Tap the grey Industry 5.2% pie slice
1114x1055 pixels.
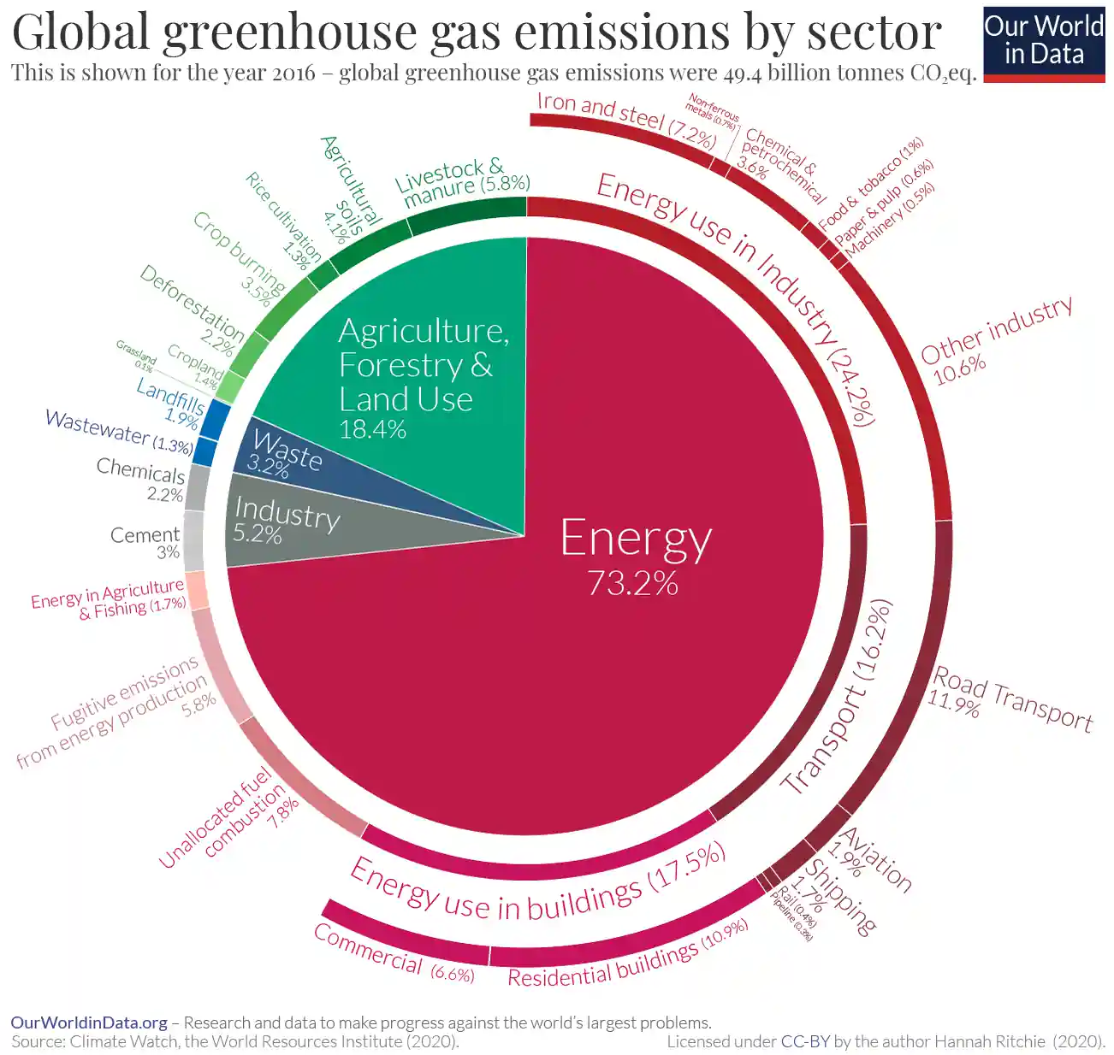pos(291,526)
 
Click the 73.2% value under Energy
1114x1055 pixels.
pos(632,583)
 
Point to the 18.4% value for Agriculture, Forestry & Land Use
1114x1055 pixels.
pos(372,428)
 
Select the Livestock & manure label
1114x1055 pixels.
pos(463,182)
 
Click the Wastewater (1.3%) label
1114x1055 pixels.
pos(118,432)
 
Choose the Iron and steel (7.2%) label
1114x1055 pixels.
pos(625,120)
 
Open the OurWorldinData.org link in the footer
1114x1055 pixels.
pos(89,1023)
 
